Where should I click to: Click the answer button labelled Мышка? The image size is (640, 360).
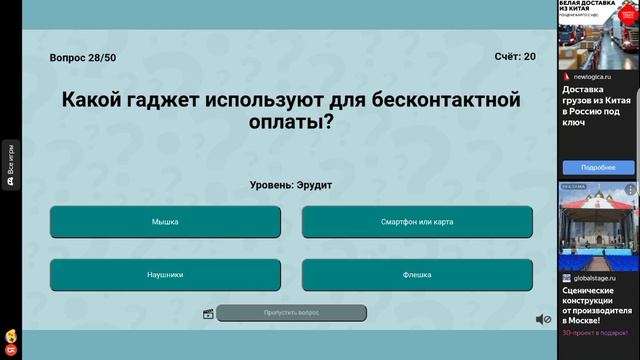tap(165, 222)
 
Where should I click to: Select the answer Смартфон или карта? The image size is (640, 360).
tap(417, 222)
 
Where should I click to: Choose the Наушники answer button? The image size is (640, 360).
tap(165, 274)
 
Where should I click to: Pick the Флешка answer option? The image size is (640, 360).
tap(417, 274)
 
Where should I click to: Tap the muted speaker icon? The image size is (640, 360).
tap(543, 319)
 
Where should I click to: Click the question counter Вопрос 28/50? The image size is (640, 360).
tap(83, 58)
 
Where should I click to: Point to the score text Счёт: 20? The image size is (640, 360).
tap(515, 57)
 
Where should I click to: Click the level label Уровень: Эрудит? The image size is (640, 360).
tap(291, 185)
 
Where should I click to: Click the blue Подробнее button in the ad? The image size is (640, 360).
tap(598, 167)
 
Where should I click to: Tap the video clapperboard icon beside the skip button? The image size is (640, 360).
tap(208, 314)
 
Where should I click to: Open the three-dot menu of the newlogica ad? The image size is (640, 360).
tap(631, 75)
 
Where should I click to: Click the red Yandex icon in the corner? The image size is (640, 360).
tap(8, 351)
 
